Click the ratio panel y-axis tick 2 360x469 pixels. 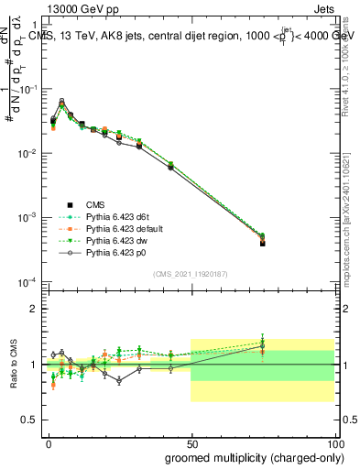tap(34, 309)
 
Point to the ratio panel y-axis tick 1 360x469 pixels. tap(34, 365)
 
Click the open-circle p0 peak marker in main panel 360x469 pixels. tap(61, 101)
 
